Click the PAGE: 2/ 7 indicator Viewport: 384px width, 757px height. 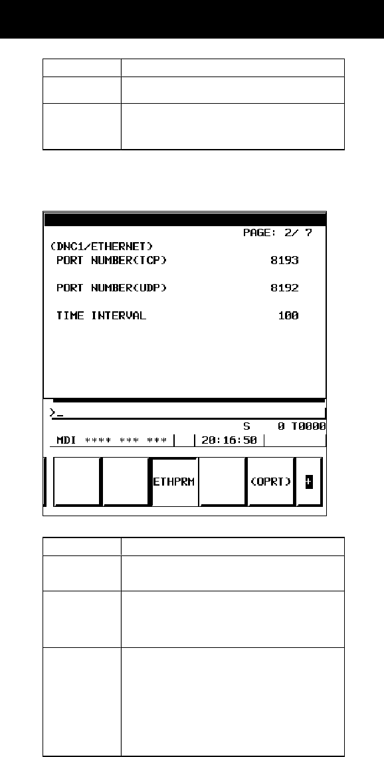click(x=278, y=233)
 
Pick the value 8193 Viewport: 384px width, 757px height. click(x=284, y=261)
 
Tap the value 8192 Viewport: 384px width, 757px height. click(x=284, y=288)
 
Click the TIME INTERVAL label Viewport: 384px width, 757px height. click(x=101, y=316)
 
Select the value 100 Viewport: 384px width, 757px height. click(x=288, y=316)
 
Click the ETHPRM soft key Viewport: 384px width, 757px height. click(x=175, y=482)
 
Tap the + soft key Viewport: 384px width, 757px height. click(x=309, y=482)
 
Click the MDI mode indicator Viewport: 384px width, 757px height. click(x=66, y=440)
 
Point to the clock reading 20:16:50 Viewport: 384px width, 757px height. click(x=229, y=440)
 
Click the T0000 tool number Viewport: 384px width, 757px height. click(x=308, y=426)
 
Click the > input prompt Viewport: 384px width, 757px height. click(x=52, y=412)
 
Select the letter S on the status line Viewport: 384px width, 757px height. click(x=247, y=426)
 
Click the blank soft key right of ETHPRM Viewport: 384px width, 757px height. click(x=223, y=482)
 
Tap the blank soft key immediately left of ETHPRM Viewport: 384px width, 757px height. click(x=126, y=482)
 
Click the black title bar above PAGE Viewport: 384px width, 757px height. click(x=185, y=220)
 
